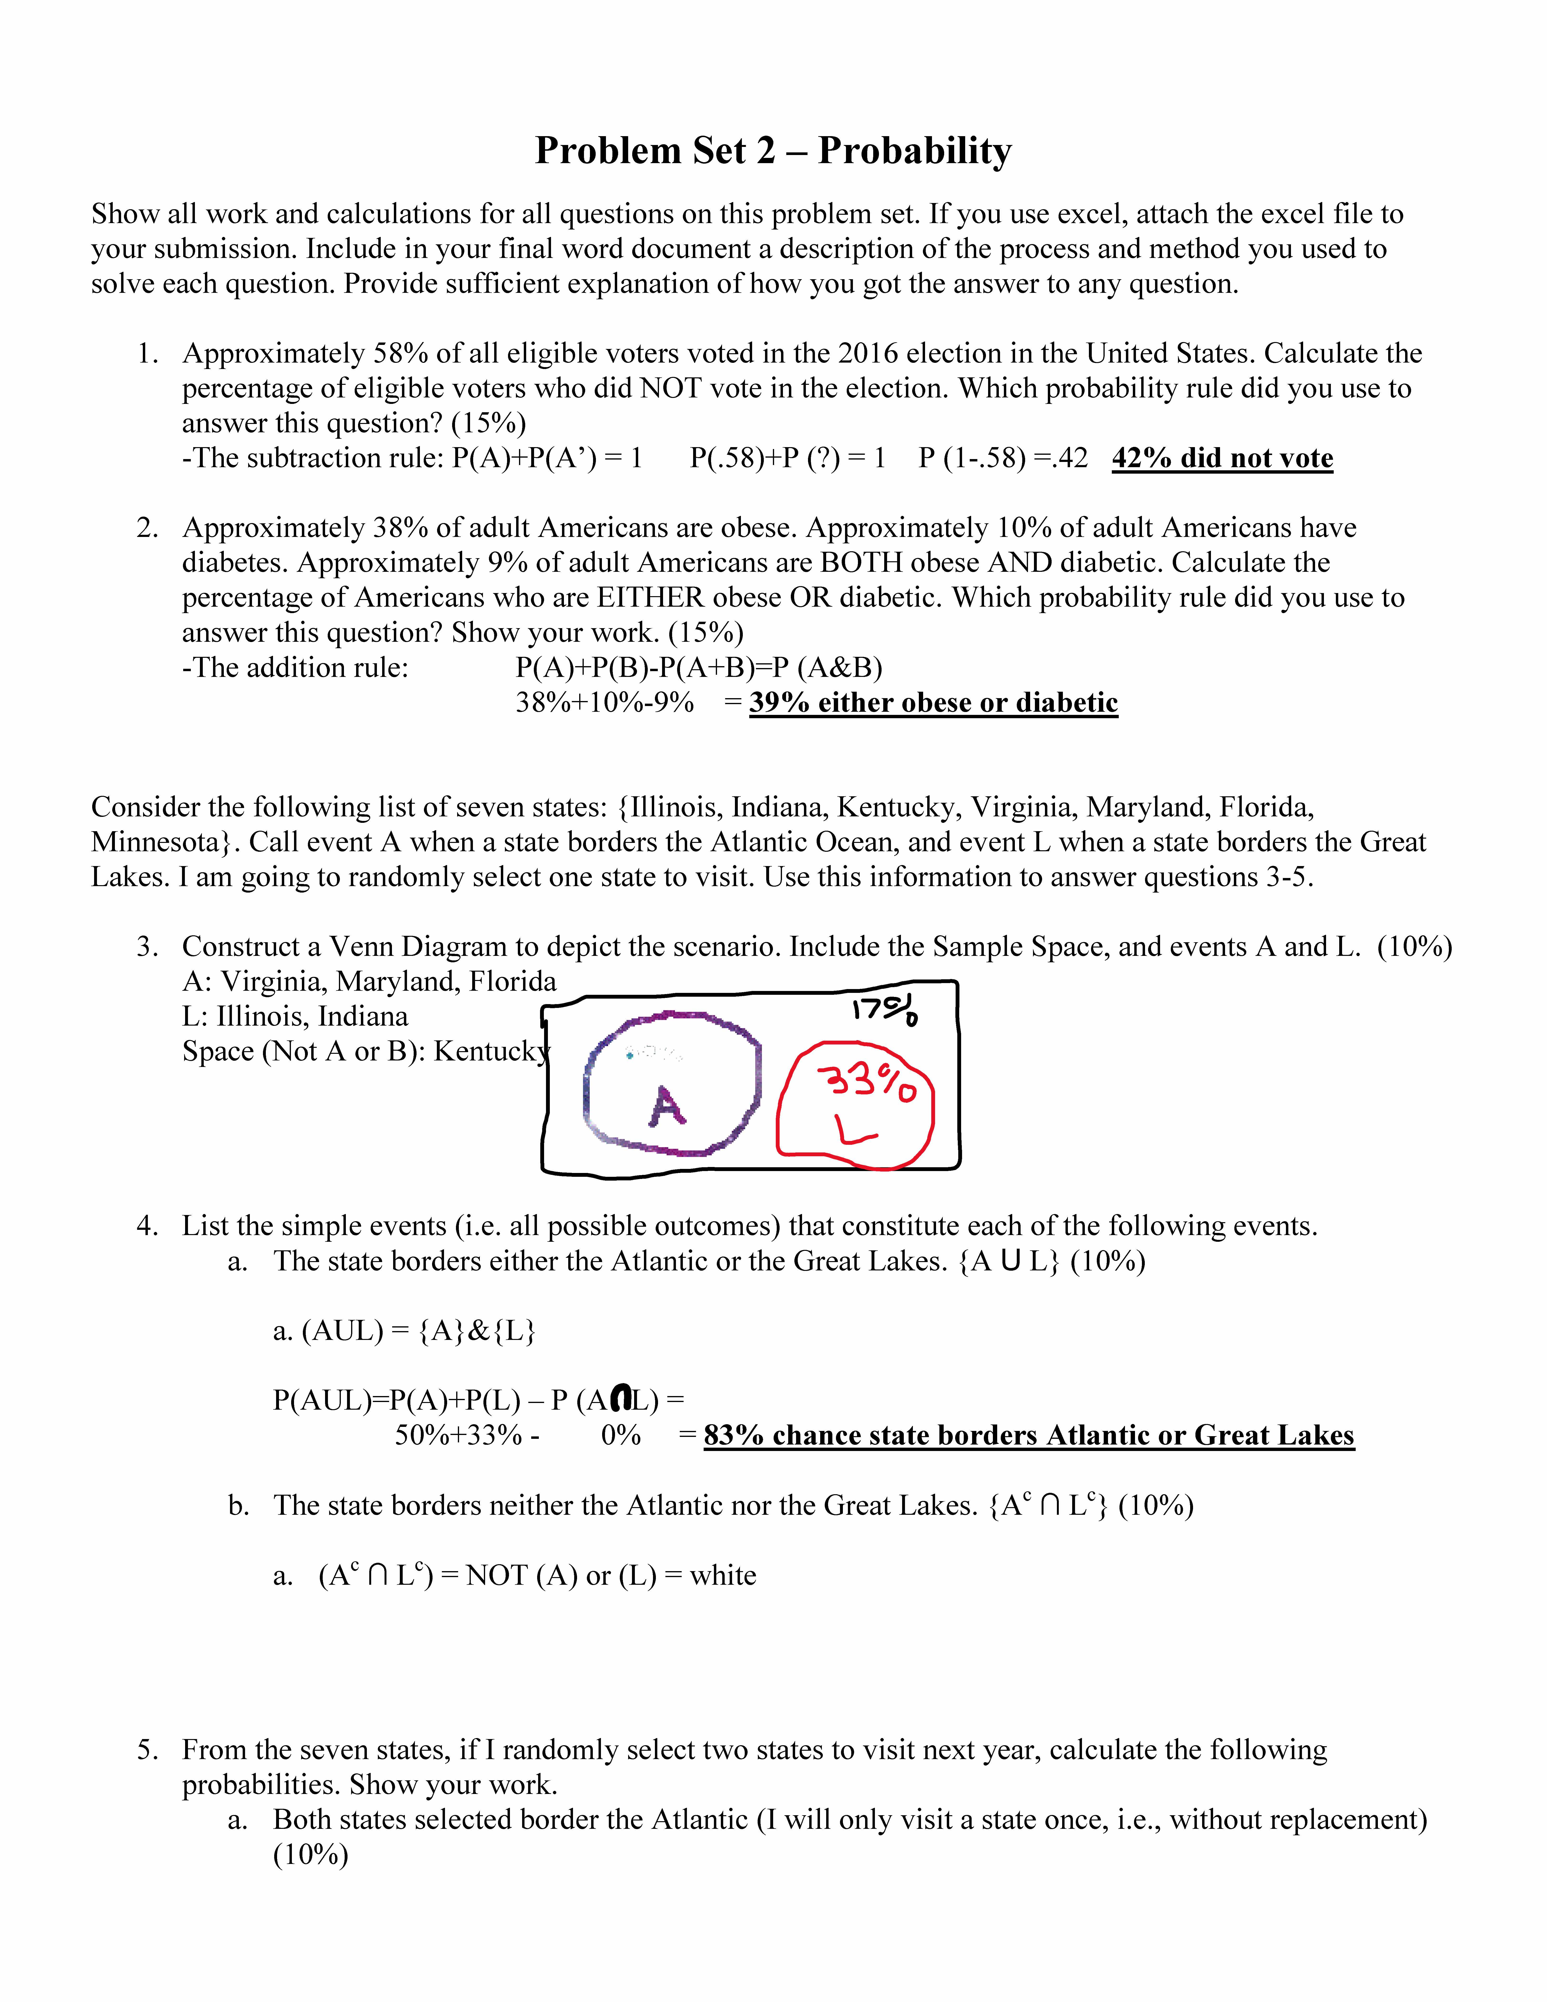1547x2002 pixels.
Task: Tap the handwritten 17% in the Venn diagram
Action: [x=884, y=1010]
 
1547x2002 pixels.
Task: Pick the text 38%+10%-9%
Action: [x=605, y=703]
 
